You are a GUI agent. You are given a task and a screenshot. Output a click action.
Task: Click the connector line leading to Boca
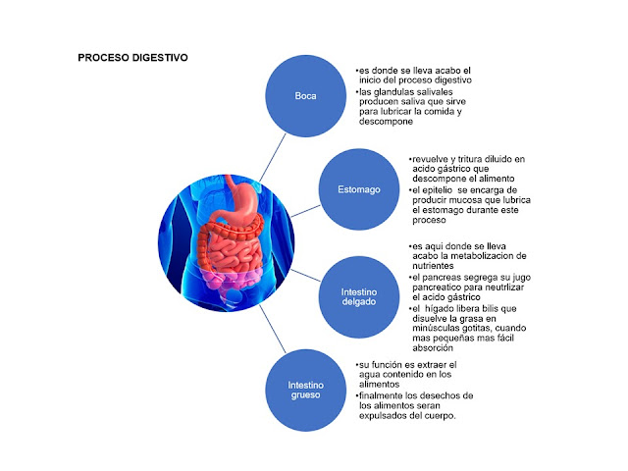click(278, 148)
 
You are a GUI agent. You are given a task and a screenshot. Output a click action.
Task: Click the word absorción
click(433, 347)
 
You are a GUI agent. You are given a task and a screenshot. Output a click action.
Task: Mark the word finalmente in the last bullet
click(387, 394)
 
